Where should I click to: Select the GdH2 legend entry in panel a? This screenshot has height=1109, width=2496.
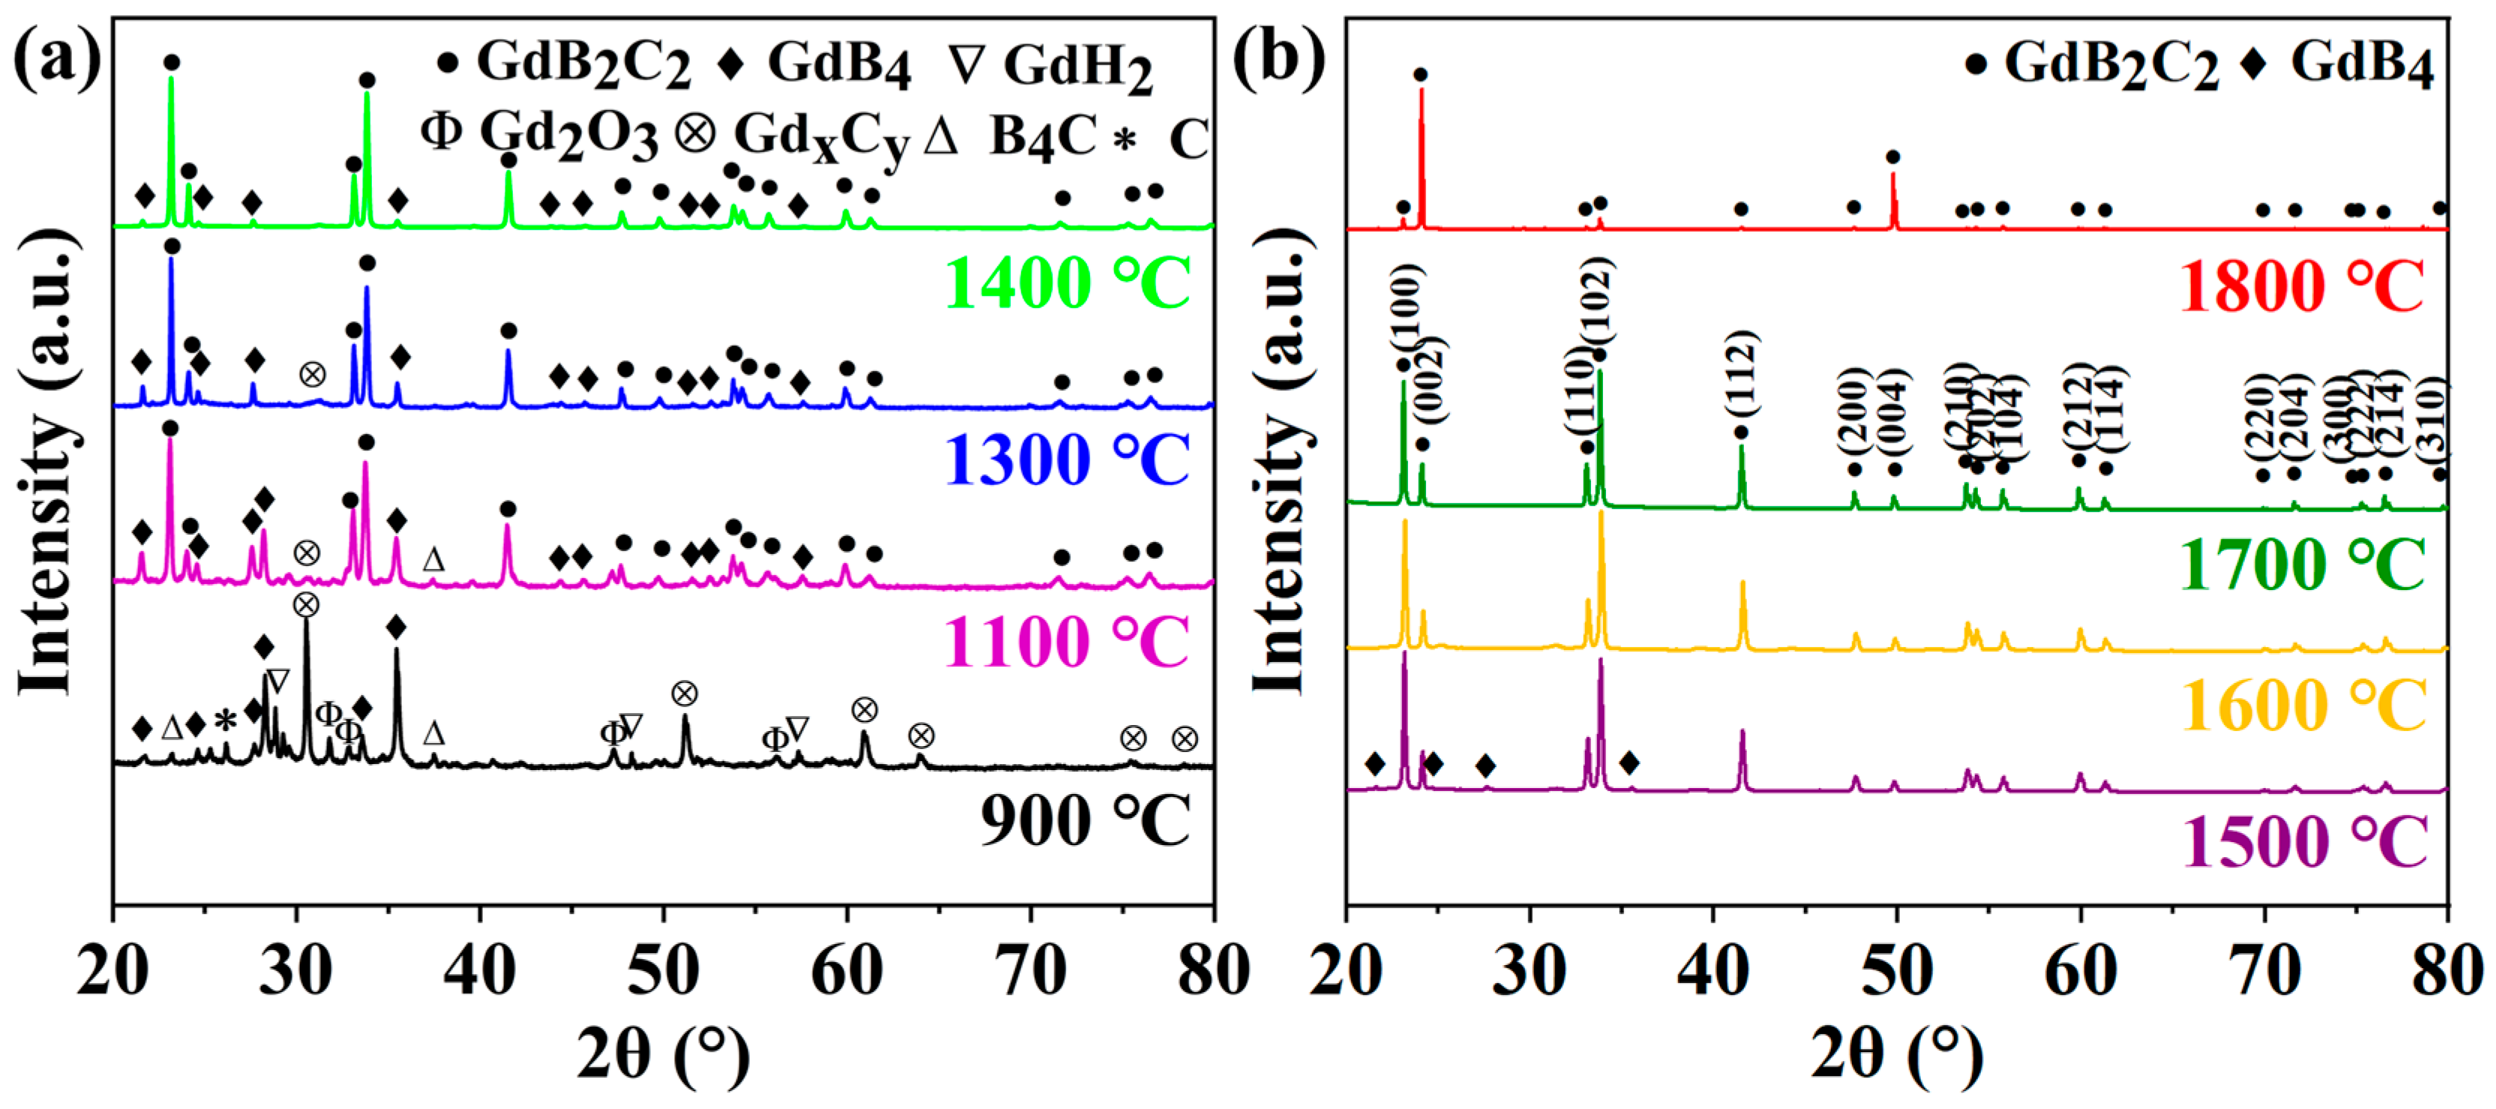pyautogui.click(x=1051, y=67)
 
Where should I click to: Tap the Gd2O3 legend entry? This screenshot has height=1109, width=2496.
pyautogui.click(x=540, y=133)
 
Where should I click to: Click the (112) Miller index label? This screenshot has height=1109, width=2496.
pyautogui.click(x=1742, y=373)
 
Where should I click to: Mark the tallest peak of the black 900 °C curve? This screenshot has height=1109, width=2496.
pyautogui.click(x=306, y=620)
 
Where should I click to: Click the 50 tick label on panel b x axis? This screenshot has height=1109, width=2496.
pyautogui.click(x=1896, y=970)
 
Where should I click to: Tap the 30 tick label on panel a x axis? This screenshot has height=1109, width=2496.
pyautogui.click(x=295, y=970)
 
